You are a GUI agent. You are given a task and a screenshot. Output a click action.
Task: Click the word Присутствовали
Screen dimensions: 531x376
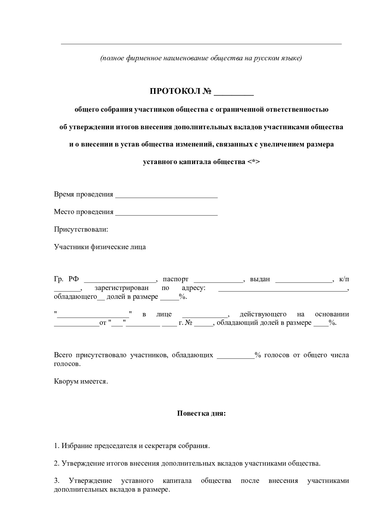81,229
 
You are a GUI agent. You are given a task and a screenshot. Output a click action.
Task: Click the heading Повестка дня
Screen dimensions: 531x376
201,413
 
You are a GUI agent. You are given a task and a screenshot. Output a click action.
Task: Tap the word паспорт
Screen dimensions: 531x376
176,279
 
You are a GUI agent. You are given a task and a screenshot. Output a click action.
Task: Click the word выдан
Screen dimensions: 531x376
260,279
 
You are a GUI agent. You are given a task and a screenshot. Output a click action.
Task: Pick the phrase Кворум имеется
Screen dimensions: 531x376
81,381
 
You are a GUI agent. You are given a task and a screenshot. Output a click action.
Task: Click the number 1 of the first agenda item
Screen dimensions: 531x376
56,446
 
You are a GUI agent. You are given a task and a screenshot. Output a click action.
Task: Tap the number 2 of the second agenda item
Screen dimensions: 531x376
56,463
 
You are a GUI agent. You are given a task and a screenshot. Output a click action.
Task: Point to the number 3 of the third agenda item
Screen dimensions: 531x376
56,481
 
